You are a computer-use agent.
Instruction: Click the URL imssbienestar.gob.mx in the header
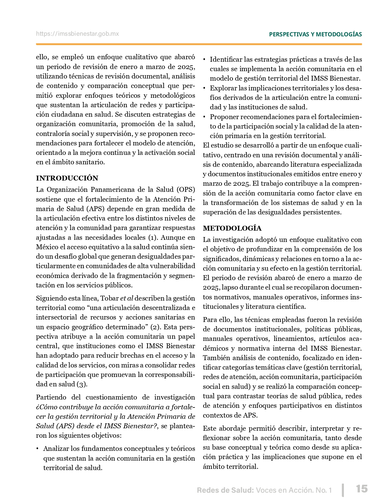coord(77,34)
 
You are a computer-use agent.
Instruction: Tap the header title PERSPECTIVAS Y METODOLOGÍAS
coord(315,34)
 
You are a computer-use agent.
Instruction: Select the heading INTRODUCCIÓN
coord(67,178)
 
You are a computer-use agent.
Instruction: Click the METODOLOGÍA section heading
coord(232,228)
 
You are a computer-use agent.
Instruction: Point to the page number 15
coord(362,489)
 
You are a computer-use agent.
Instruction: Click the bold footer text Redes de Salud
coord(225,490)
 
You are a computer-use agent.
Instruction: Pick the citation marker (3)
coord(81,384)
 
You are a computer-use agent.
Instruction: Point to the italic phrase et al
coord(127,298)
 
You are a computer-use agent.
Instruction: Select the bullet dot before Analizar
coord(38,449)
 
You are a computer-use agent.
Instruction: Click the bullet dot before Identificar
coord(204,60)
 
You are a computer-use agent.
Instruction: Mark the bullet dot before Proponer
coord(204,117)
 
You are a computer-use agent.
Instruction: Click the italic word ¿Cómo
coord(46,407)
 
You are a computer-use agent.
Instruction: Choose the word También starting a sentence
coord(216,358)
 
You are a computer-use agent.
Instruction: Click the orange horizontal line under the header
coord(199,44)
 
